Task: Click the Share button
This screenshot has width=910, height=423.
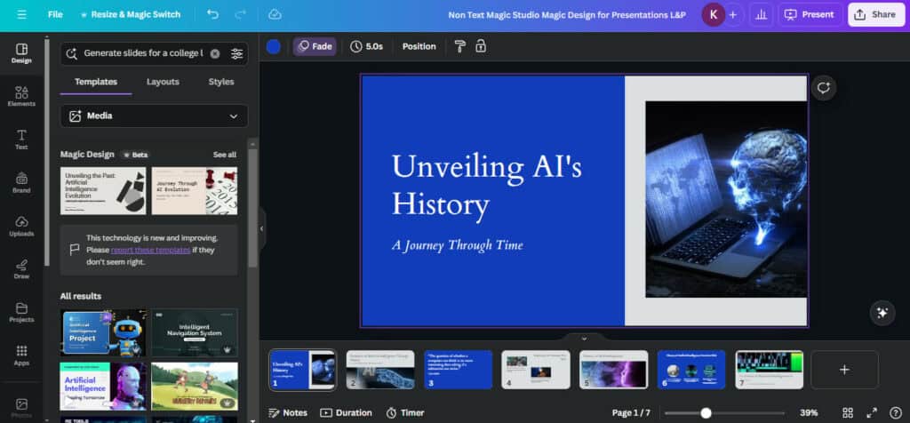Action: [874, 14]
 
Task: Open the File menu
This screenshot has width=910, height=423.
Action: [55, 14]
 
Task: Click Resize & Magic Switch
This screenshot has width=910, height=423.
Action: [131, 14]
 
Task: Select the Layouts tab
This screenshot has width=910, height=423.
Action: [163, 82]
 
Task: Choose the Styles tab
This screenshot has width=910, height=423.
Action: [221, 82]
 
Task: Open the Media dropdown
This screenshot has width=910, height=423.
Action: [154, 116]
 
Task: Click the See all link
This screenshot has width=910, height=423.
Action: [224, 155]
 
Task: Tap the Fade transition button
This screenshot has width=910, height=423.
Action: [315, 46]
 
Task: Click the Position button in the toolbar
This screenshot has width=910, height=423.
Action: [419, 46]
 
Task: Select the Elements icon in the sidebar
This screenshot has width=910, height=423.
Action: [21, 96]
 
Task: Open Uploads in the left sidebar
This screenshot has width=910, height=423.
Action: [21, 226]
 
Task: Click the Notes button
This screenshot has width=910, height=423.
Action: [288, 412]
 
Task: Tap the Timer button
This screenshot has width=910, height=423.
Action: [405, 412]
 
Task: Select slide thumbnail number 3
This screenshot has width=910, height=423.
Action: [458, 369]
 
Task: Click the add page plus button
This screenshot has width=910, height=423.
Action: [844, 369]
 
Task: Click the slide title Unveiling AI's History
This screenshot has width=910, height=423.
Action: [486, 185]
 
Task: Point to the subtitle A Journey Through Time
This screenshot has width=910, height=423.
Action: [458, 245]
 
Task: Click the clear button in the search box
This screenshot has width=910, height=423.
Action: [215, 53]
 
